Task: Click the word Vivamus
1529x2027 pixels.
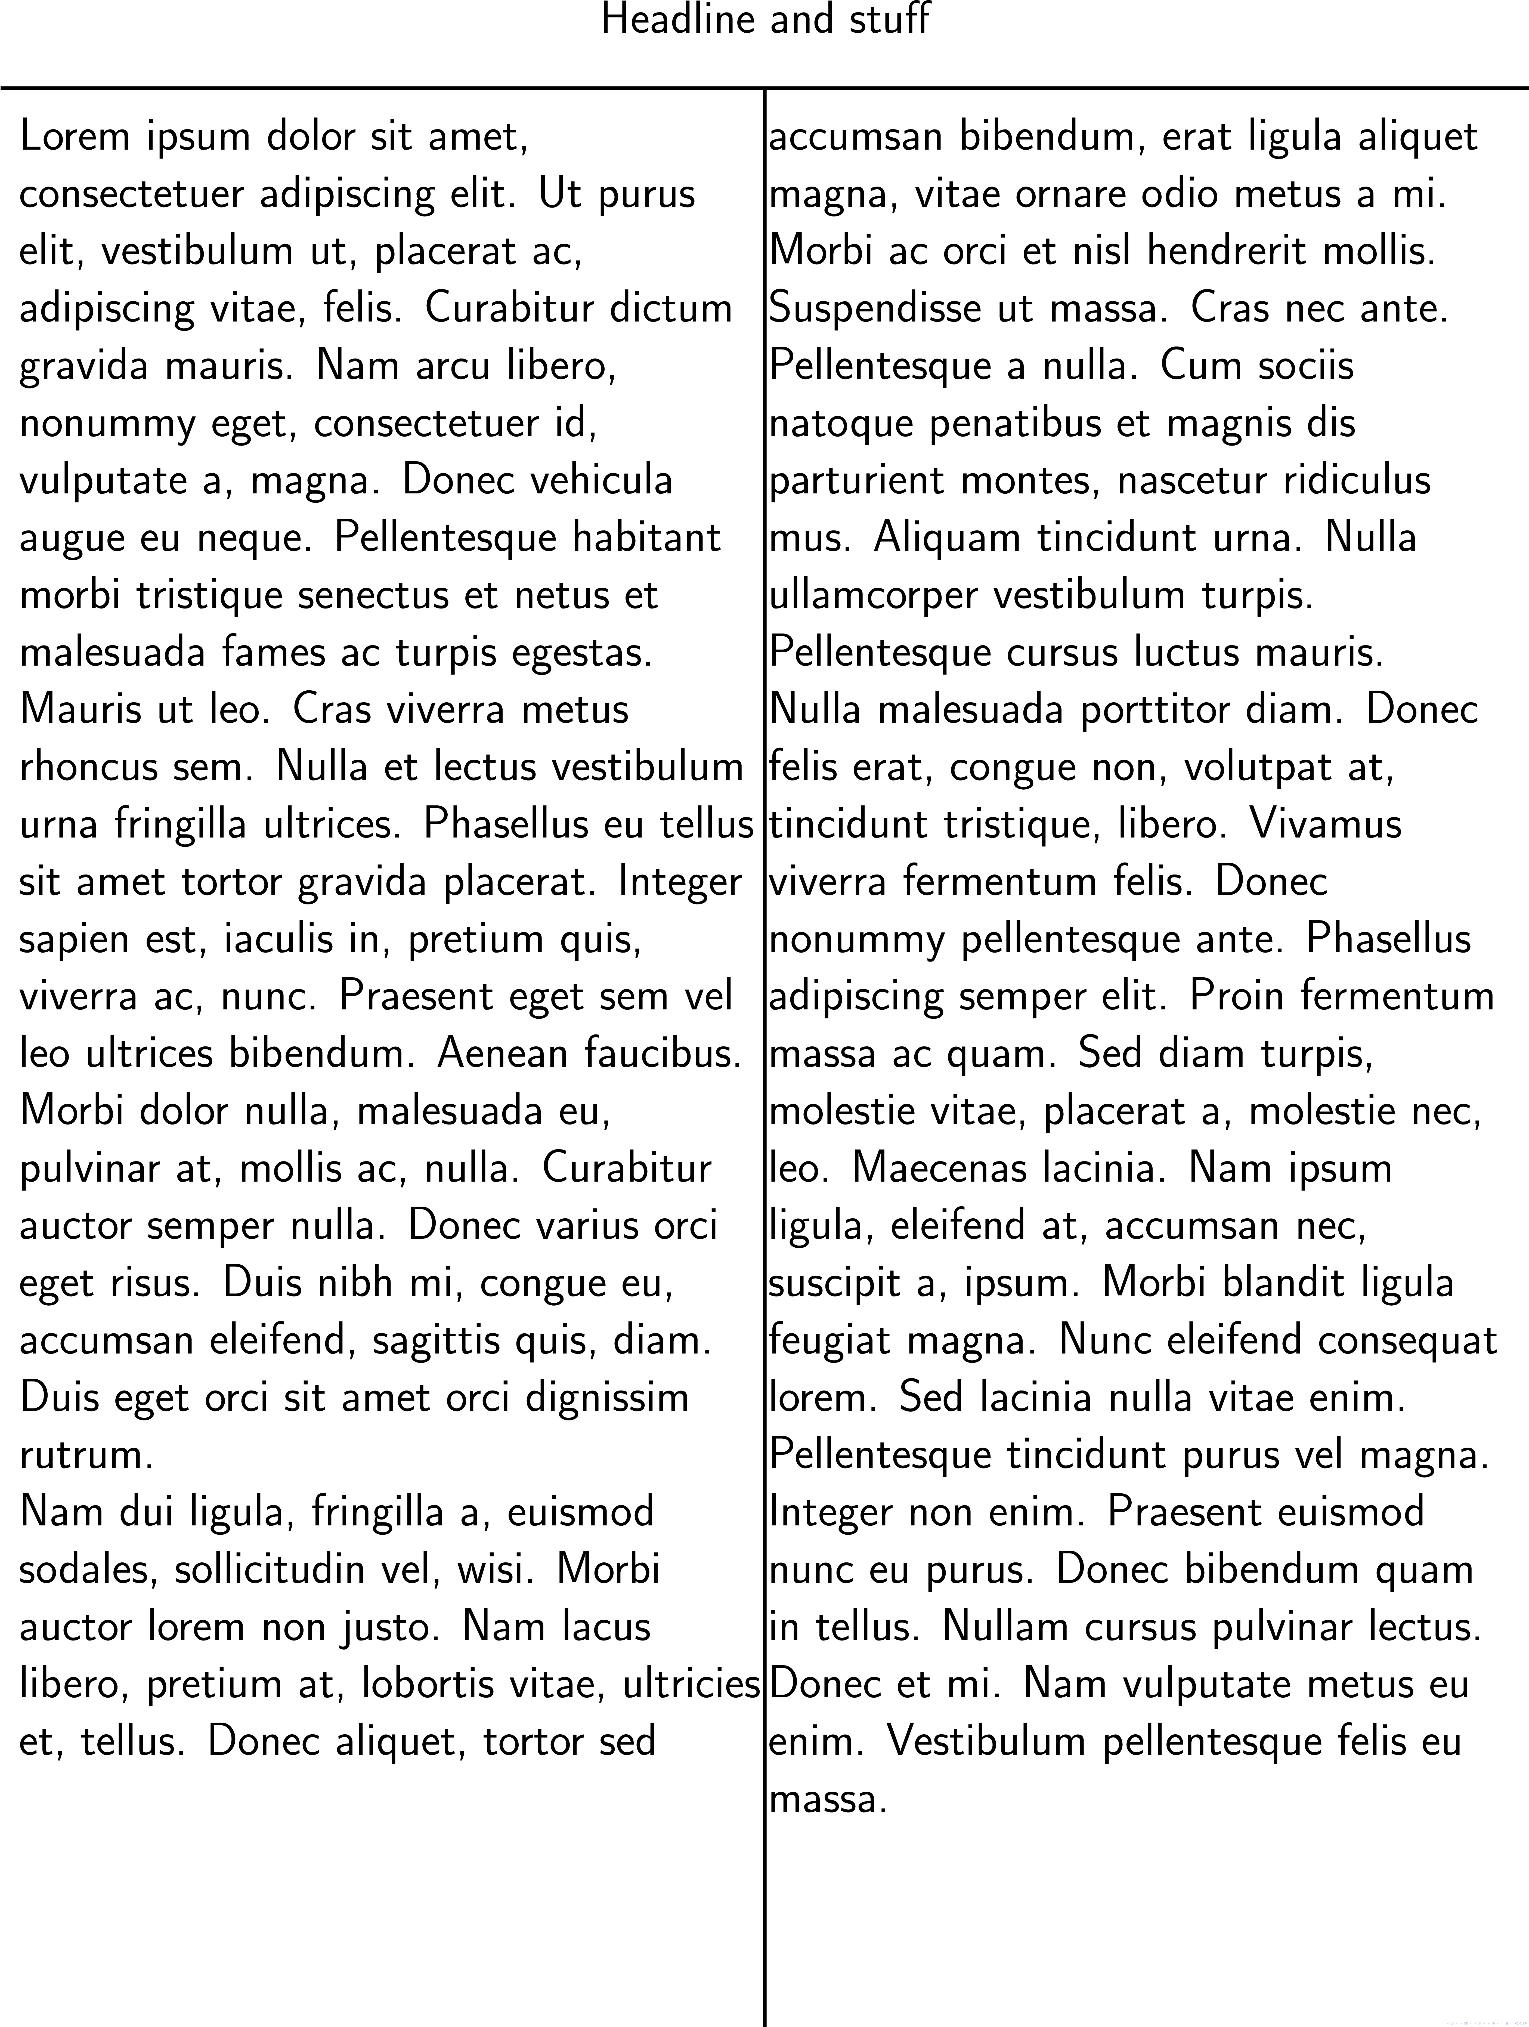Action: (1326, 825)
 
